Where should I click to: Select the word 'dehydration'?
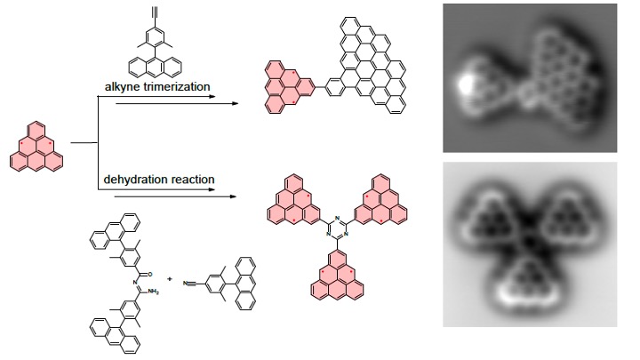tap(134, 180)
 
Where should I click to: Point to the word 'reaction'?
tap(192, 180)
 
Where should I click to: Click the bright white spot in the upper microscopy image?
tap(464, 86)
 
